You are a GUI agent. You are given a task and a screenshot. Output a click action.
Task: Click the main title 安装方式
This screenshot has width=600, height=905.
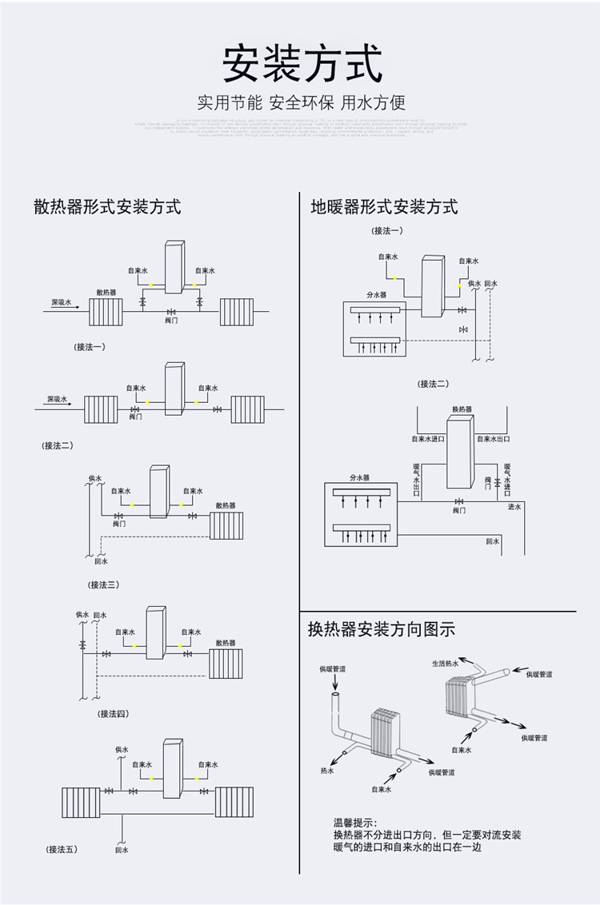pyautogui.click(x=302, y=64)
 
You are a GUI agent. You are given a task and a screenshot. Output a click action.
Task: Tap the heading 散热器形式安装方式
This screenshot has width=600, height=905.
pyautogui.click(x=107, y=207)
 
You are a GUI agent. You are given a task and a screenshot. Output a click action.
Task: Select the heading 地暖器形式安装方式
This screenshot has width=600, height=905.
pyautogui.click(x=384, y=207)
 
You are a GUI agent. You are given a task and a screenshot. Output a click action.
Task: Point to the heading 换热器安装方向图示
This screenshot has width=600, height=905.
pyautogui.click(x=381, y=629)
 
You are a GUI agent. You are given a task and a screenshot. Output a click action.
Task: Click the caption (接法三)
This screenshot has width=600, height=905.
pyautogui.click(x=104, y=584)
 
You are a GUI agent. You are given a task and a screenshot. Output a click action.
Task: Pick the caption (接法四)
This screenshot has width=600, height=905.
pyautogui.click(x=113, y=713)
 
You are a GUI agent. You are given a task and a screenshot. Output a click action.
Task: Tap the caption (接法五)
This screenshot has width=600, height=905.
pyautogui.click(x=62, y=849)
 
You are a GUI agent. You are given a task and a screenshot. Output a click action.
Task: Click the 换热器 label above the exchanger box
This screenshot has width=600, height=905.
pyautogui.click(x=462, y=409)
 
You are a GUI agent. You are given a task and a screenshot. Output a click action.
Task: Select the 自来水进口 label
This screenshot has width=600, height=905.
pyautogui.click(x=427, y=439)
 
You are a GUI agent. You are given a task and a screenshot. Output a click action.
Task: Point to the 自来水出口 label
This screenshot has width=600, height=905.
pyautogui.click(x=494, y=439)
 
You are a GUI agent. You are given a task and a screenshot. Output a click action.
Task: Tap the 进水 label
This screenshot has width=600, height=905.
pyautogui.click(x=514, y=507)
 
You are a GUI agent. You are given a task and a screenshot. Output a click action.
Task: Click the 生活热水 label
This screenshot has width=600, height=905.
pyautogui.click(x=446, y=664)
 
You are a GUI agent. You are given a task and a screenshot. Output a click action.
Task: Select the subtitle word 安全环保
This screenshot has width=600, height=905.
pyautogui.click(x=301, y=102)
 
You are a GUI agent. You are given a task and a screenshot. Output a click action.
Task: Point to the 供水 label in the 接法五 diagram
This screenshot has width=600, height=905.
pyautogui.click(x=121, y=750)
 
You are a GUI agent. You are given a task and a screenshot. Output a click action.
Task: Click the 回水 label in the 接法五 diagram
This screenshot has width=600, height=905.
pyautogui.click(x=121, y=850)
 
